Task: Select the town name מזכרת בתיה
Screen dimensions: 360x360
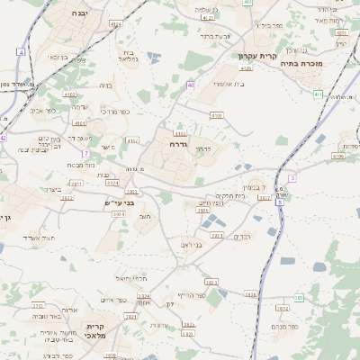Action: coord(301,64)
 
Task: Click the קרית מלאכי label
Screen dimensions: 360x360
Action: coord(96,330)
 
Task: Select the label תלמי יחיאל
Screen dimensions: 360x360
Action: coord(131,278)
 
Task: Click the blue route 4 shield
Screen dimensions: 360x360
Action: coord(20,51)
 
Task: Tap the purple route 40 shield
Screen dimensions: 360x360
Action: coord(191,85)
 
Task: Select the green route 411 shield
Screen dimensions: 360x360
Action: coord(318,93)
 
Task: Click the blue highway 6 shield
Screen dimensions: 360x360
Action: coord(279,202)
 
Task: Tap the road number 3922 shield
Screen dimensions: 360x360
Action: coord(66,197)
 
